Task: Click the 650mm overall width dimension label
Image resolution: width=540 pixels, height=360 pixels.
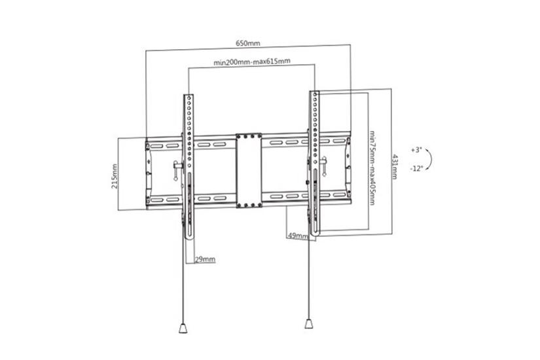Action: (x=248, y=43)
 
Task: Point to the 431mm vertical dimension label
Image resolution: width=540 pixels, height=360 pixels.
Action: (x=394, y=166)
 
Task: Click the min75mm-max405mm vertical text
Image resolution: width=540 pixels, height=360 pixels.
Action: (x=371, y=167)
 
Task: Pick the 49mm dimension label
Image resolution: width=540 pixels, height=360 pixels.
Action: (x=297, y=236)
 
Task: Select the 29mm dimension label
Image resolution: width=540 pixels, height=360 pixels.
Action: (x=205, y=259)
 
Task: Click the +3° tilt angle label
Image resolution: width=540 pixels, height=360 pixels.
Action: (x=417, y=149)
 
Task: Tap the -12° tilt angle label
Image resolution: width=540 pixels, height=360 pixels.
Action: (x=416, y=168)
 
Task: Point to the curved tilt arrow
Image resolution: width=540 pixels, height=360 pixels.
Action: (x=431, y=158)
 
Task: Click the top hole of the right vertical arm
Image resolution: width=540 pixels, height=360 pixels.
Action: (x=315, y=96)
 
